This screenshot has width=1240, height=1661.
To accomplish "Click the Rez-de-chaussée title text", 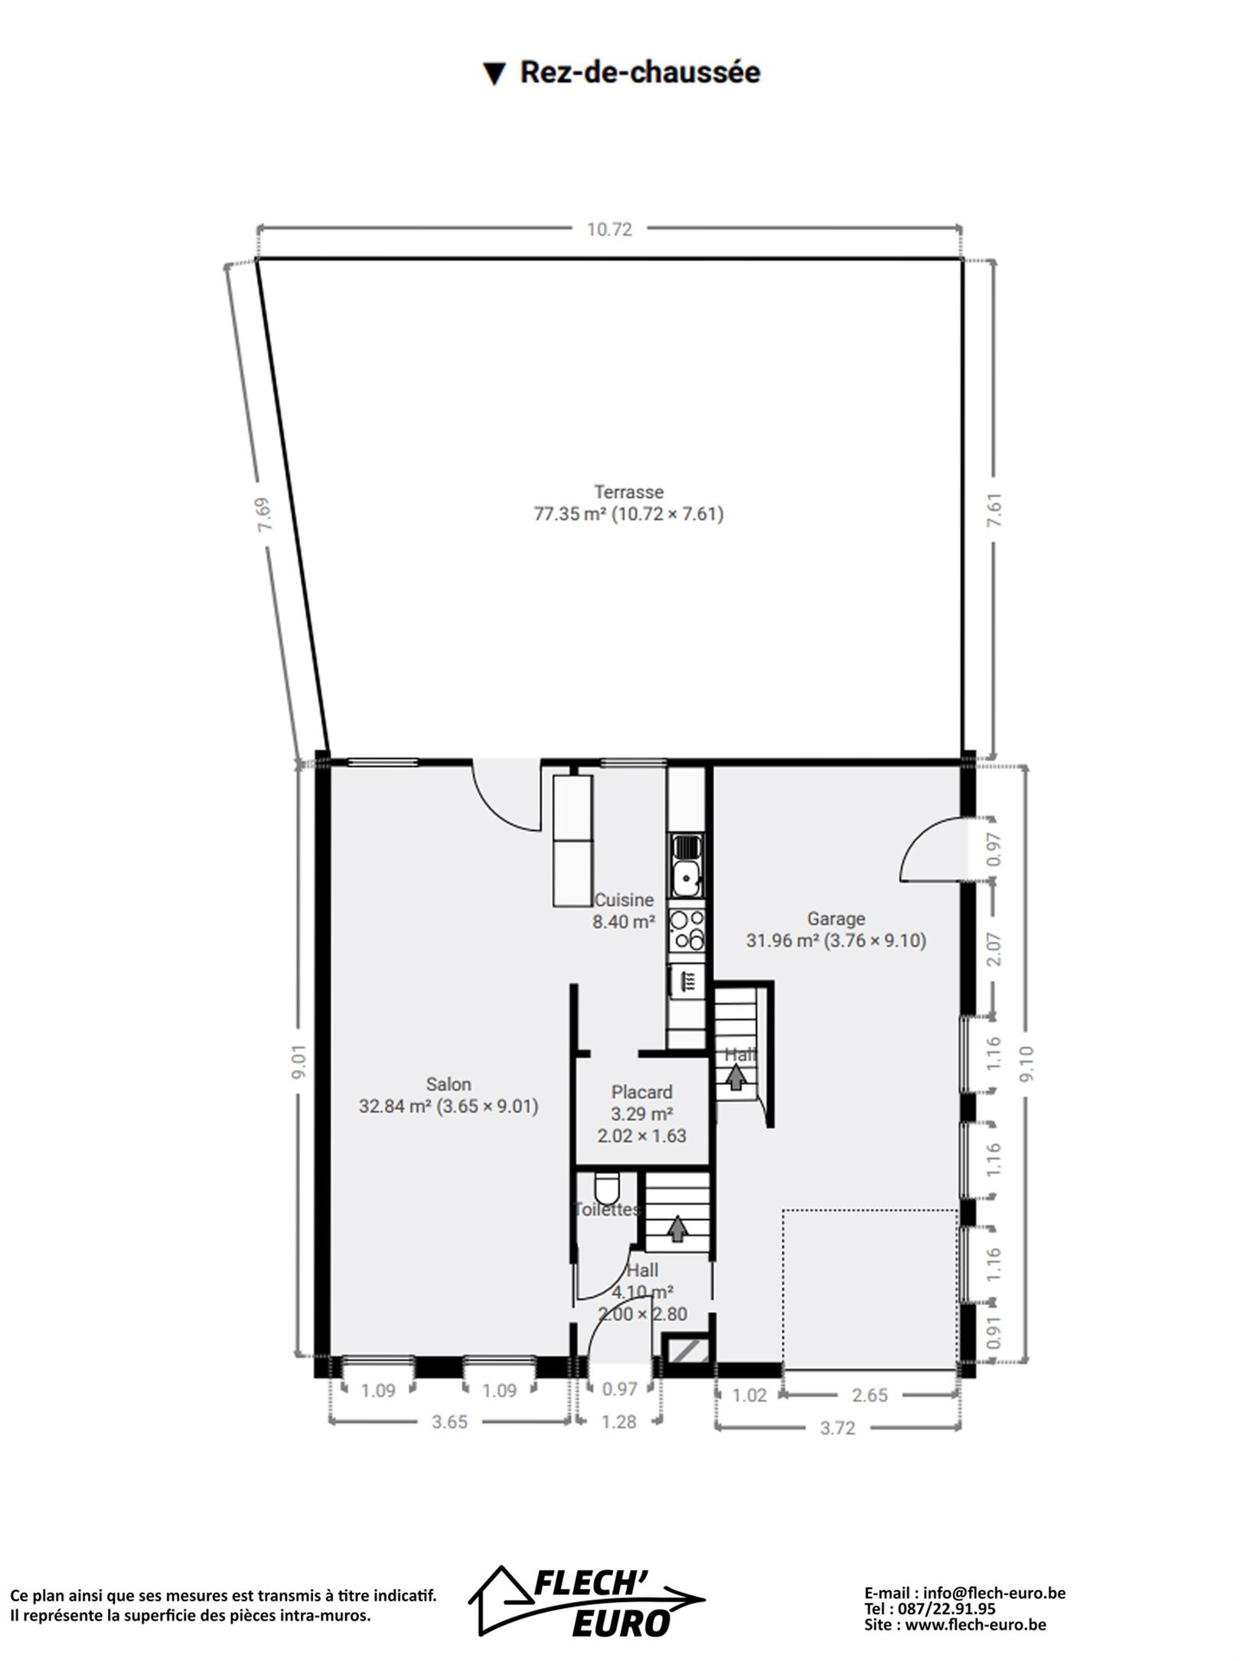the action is (x=640, y=73).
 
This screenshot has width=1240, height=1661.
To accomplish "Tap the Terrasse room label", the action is (x=628, y=492).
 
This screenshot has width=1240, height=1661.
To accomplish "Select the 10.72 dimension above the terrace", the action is (x=609, y=230).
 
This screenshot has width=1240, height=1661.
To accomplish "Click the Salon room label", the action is (x=449, y=1084).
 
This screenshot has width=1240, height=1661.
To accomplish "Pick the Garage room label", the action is (x=836, y=919).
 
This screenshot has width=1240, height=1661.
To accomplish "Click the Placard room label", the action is (x=641, y=1092).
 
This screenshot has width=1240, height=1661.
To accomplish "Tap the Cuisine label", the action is (x=624, y=900).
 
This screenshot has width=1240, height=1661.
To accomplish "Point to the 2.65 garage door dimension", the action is (x=870, y=1395).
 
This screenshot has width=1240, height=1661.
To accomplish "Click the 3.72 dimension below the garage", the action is (x=837, y=1428).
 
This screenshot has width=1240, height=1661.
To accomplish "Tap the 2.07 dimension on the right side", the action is (x=994, y=949).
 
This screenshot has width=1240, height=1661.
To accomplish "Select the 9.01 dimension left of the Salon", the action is (x=299, y=1062).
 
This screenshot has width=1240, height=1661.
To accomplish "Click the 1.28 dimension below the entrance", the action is (x=618, y=1422).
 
